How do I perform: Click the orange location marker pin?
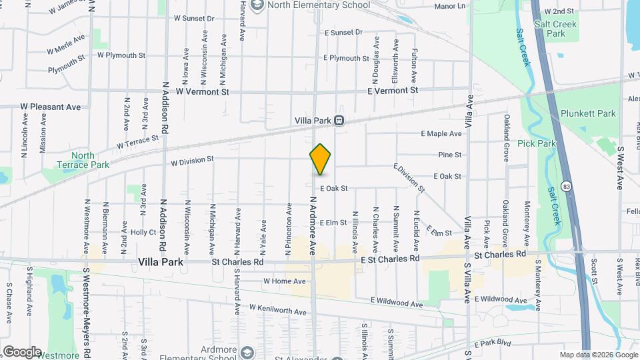tap(320, 159)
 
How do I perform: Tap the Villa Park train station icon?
tap(339, 121)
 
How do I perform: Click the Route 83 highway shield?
tap(566, 186)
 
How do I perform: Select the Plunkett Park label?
tap(588, 114)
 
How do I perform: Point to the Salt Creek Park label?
tap(555, 28)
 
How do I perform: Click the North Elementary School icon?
tap(257, 5)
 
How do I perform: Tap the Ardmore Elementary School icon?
tap(247, 352)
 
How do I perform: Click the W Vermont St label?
tap(203, 91)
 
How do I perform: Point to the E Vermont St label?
tap(393, 90)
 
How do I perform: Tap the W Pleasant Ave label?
tap(50, 107)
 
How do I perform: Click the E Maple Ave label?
tap(441, 134)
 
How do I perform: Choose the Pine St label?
tap(450, 155)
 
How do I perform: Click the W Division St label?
tap(191, 161)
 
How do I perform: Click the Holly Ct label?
tap(143, 233)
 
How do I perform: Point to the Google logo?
tap(21, 352)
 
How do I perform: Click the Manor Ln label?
tap(449, 6)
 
